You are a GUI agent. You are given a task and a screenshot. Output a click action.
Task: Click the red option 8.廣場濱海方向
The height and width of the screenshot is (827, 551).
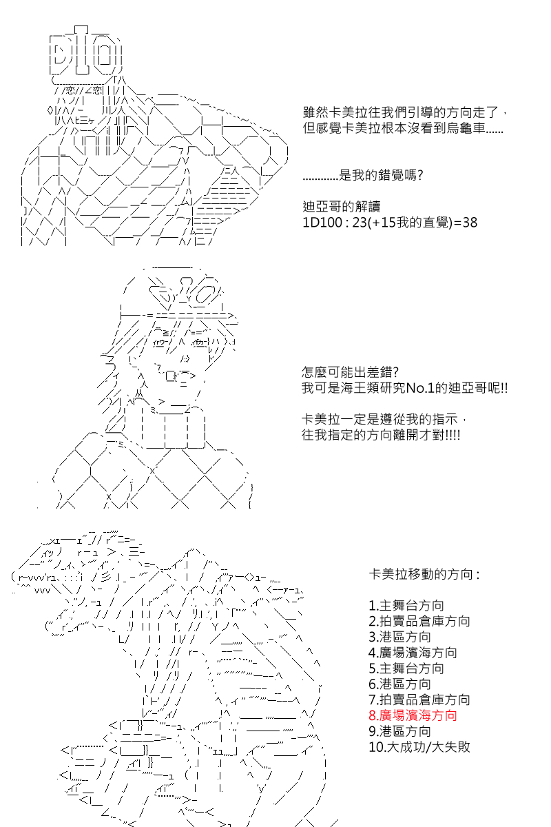pyautogui.click(x=413, y=715)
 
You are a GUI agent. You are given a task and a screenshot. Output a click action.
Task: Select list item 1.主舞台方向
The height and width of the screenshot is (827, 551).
pyautogui.click(x=406, y=606)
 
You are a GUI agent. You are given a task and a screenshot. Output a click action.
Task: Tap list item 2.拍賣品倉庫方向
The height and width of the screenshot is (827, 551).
pyautogui.click(x=419, y=622)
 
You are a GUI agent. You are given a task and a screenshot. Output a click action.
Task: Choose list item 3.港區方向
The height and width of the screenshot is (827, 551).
pyautogui.click(x=399, y=637)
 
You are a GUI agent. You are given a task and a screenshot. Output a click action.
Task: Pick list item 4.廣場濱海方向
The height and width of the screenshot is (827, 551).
pyautogui.click(x=413, y=653)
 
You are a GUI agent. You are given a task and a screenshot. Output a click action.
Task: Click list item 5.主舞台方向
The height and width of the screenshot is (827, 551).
pyautogui.click(x=406, y=668)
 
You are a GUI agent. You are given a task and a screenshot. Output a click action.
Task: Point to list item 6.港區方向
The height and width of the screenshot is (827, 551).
pyautogui.click(x=399, y=684)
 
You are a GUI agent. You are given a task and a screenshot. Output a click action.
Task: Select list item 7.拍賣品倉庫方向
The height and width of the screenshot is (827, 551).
pyautogui.click(x=419, y=700)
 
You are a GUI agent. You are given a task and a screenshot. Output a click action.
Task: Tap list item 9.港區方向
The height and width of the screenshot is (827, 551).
pyautogui.click(x=399, y=731)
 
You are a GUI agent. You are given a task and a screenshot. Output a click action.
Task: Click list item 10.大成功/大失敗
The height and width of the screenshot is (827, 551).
pyautogui.click(x=419, y=747)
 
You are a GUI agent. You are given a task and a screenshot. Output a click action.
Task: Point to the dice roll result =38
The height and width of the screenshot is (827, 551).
pyautogui.click(x=466, y=222)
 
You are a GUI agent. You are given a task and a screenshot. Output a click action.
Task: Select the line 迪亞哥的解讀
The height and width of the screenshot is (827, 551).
pyautogui.click(x=342, y=206)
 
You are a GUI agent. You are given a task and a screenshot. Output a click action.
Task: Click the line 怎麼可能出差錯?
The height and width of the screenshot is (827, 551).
pyautogui.click(x=350, y=372)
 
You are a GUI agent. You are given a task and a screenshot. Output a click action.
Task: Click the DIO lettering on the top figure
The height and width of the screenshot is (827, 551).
pyautogui.click(x=85, y=52)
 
